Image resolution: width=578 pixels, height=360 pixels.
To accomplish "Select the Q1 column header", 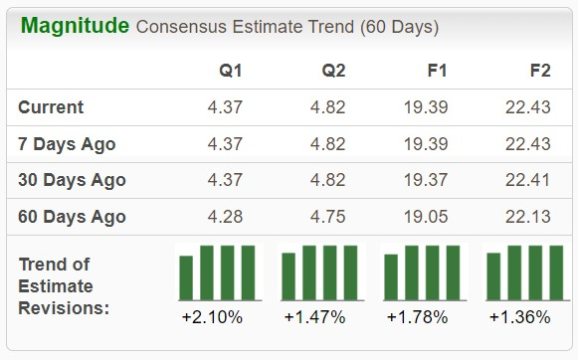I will pos(231,71).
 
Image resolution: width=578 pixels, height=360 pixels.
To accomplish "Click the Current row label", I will pos(51,107).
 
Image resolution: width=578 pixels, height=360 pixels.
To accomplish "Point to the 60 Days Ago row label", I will pos(72,217).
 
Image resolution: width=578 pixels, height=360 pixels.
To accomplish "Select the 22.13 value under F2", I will pos(526,217).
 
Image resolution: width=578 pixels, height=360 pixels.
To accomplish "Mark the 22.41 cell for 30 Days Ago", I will pos(526,180).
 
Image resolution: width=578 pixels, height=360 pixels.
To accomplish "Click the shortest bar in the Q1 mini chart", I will pos(186,277).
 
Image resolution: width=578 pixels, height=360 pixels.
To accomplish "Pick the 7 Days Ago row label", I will pos(67,144).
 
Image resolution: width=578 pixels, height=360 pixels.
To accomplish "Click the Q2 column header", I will pos(333,71).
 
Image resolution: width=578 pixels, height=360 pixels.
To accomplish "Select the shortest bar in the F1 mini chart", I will pos(391,277).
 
